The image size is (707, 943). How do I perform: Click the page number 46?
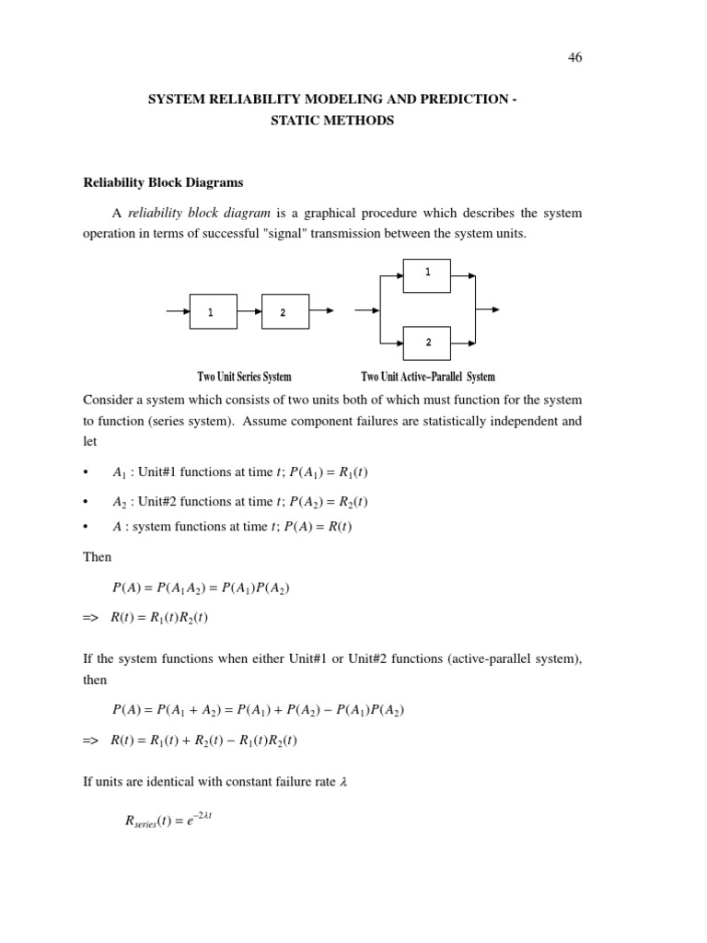(574, 57)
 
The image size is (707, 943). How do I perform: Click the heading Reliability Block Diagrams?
(163, 182)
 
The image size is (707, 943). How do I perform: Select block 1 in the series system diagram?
(213, 311)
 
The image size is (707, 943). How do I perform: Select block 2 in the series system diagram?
(284, 311)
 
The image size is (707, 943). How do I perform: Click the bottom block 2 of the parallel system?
(426, 343)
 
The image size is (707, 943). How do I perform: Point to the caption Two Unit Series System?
(244, 377)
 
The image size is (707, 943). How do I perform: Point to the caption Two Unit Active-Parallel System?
(427, 377)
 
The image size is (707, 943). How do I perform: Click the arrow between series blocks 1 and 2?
(249, 311)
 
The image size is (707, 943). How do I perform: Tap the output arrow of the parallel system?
(488, 309)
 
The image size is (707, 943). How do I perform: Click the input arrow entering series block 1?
(178, 311)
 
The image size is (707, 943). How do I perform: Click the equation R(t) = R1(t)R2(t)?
(159, 618)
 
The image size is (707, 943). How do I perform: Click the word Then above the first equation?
(97, 557)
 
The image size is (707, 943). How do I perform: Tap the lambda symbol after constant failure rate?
(343, 782)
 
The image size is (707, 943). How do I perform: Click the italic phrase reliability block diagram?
(199, 213)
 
